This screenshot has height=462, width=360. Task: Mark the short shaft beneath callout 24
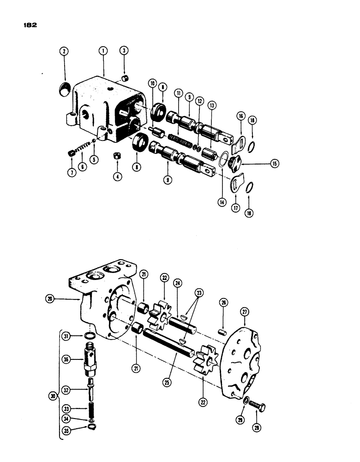(x=183, y=323)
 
